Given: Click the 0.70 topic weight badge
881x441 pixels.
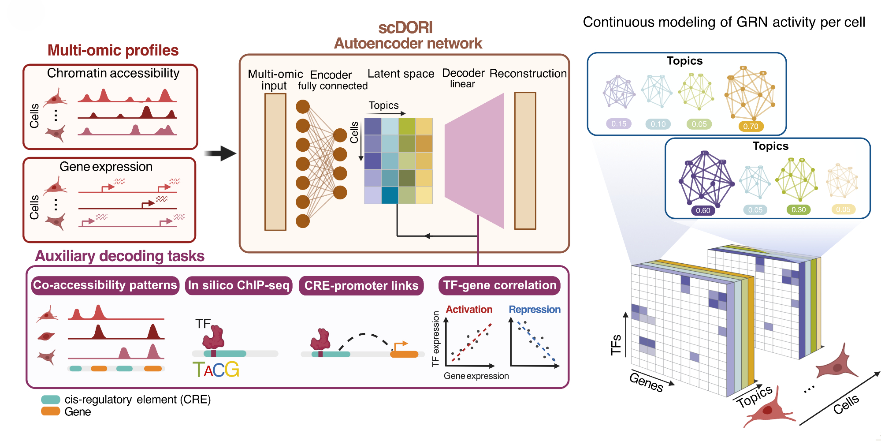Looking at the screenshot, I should coord(751,127).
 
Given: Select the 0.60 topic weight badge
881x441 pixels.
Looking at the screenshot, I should coord(703,210).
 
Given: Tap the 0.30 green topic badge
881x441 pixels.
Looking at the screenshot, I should coord(798,209).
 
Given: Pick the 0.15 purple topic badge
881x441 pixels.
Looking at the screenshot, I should coord(619,124).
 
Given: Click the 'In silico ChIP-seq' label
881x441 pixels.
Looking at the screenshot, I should coord(238,285).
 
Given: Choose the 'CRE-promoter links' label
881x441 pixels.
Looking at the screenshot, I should coord(361,286).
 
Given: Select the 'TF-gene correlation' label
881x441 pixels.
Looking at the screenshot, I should coord(499,285).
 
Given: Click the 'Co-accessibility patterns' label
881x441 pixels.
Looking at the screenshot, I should coord(105,285).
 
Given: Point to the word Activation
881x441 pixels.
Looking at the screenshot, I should coord(469,310).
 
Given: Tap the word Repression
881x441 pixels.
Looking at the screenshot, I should coord(535,310).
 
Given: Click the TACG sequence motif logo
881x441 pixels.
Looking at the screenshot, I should coord(216,370).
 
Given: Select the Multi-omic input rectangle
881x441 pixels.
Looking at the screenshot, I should coord(275,162).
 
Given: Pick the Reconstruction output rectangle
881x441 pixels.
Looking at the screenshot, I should coord(525,161).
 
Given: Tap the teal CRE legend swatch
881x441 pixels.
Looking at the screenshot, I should coord(51,400).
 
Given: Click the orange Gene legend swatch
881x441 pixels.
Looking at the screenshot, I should coord(51,411).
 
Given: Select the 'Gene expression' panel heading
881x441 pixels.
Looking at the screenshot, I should coord(106,167).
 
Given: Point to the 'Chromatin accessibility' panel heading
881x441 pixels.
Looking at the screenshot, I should coord(113,73).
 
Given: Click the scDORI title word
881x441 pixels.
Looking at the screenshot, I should coord(405,28).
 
